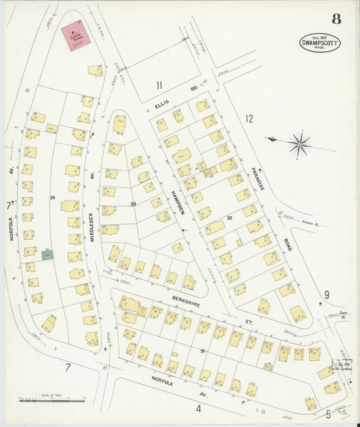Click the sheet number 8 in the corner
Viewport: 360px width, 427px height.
(x=336, y=19)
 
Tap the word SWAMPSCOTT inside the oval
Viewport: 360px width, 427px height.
(x=320, y=43)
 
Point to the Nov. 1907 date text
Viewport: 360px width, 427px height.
(x=320, y=36)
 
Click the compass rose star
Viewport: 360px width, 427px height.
(x=299, y=143)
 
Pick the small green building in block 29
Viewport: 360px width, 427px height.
(x=47, y=255)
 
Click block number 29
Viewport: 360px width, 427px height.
(x=52, y=197)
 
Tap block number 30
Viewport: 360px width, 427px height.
(x=133, y=203)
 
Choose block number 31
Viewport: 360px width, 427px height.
(x=202, y=351)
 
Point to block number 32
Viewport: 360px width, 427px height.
(x=230, y=218)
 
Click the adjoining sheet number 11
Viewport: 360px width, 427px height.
(x=159, y=84)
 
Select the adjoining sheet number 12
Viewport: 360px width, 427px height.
(x=249, y=119)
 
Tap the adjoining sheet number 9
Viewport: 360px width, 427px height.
(x=326, y=294)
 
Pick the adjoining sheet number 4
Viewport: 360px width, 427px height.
(x=199, y=408)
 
